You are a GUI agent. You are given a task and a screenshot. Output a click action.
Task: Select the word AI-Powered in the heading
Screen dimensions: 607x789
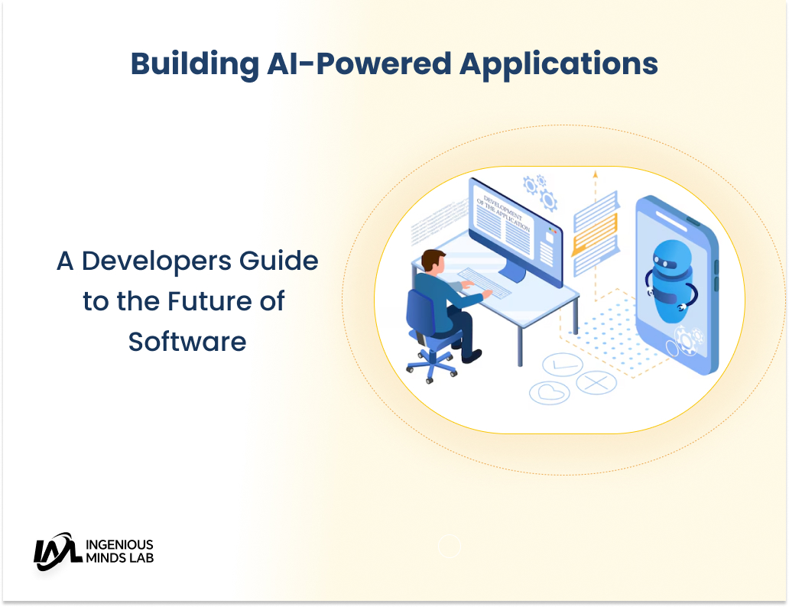pyautogui.click(x=359, y=64)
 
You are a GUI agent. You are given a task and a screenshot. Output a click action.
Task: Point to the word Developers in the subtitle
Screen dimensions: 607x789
pyautogui.click(x=166, y=261)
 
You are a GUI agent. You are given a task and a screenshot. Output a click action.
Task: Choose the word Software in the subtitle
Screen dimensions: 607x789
pyautogui.click(x=187, y=341)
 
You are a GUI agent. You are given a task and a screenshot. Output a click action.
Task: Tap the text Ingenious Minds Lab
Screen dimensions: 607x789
pyautogui.click(x=120, y=551)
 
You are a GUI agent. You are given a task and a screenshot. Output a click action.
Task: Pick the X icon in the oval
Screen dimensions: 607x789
pyautogui.click(x=596, y=381)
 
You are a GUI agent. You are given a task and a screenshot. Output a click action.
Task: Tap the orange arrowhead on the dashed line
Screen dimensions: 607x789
pyautogui.click(x=595, y=175)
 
